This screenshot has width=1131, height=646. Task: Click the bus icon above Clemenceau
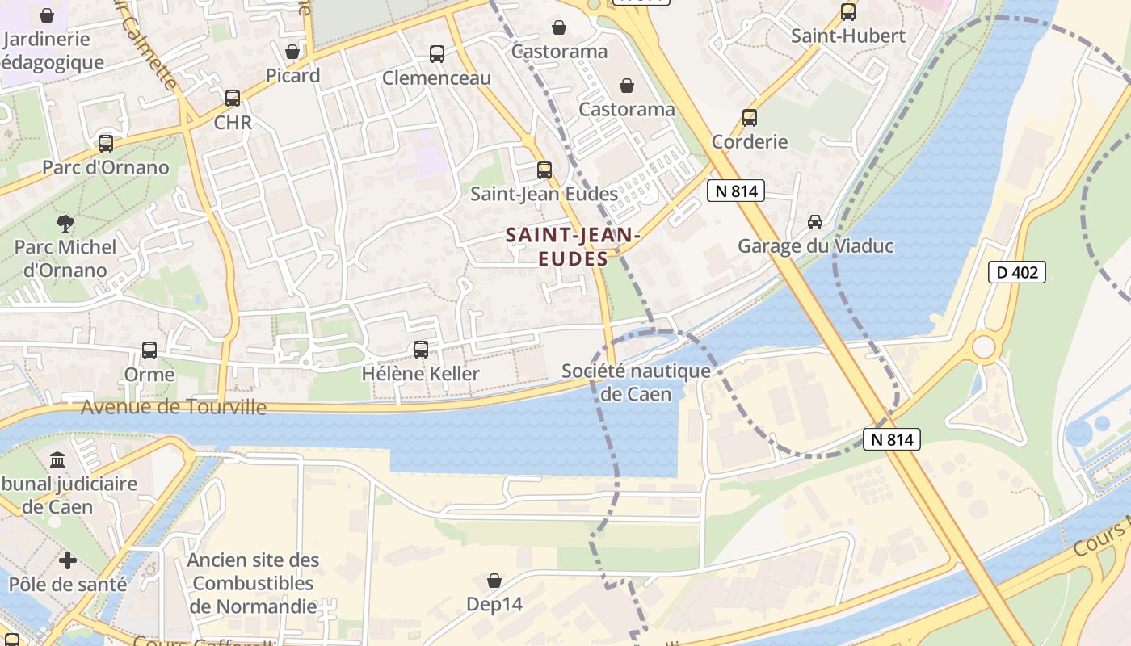pos(437,54)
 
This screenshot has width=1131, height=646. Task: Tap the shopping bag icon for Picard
pos(292,52)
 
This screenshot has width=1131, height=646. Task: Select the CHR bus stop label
pos(233,123)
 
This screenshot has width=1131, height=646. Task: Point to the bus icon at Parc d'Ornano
pos(106,144)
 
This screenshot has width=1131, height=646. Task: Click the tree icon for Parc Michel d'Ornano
pos(65,223)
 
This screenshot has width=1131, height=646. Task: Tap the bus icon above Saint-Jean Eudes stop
pos(544,170)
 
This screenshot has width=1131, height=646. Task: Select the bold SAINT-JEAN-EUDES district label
pos(573,246)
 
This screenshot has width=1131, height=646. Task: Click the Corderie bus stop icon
pos(750,118)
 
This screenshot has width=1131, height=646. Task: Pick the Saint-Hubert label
pos(847,36)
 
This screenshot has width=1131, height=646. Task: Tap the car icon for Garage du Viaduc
pos(815,222)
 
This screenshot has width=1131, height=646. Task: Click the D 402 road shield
pos(1016,272)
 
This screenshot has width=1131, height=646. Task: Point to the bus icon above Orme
pos(149,350)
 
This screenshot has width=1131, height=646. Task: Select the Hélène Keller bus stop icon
pos(421,350)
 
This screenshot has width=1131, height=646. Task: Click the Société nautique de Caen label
pos(637,382)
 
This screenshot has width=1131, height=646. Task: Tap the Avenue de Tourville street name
pos(174,407)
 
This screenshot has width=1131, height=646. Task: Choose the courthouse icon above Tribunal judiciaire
pos(57,460)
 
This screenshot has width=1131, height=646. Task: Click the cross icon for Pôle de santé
pos(68,560)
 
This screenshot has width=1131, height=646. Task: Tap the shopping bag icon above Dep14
pos(494,581)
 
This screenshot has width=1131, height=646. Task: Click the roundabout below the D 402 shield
pos(983,347)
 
